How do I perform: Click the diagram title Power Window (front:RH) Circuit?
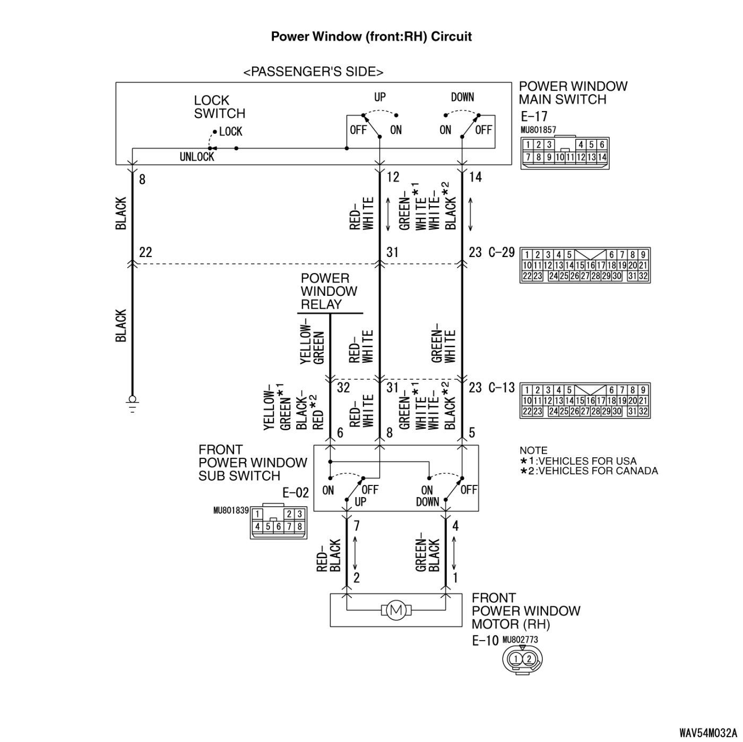371,37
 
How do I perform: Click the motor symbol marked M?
396,610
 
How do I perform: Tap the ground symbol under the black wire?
132,404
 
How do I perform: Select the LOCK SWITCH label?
219,107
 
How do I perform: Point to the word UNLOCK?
197,157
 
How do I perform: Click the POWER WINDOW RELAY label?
329,292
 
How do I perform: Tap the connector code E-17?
534,116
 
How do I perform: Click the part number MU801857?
538,130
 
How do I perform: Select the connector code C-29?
502,252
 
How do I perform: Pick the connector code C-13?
502,387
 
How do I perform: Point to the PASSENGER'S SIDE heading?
314,72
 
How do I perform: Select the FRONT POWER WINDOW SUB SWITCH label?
253,463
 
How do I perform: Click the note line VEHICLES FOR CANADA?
589,471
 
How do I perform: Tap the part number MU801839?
231,510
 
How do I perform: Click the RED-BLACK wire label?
329,556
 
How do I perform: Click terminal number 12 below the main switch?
393,177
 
